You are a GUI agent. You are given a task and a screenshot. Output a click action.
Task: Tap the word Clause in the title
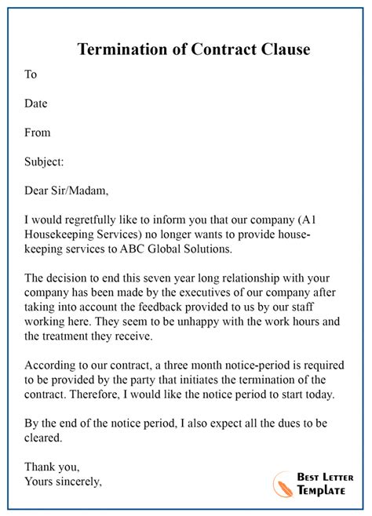(282, 49)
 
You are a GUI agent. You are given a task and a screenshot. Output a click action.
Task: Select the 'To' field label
(31, 74)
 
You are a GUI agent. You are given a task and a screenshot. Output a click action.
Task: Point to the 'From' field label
(38, 133)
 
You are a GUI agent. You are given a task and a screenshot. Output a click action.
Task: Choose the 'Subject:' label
(44, 162)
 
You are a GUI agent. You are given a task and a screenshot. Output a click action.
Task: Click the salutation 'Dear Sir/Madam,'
(67, 191)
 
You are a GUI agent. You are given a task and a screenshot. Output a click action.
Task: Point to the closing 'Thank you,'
(52, 467)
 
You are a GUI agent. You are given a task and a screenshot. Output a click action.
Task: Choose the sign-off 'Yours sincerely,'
(63, 481)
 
